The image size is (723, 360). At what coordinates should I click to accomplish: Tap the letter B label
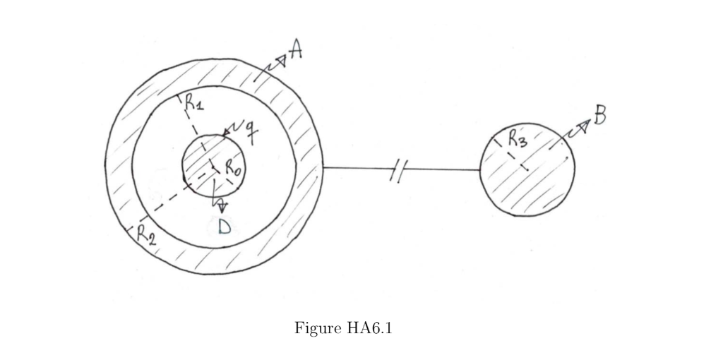click(599, 115)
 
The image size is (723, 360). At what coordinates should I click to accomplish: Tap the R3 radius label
click(518, 138)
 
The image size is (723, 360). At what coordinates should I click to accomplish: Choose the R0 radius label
click(233, 167)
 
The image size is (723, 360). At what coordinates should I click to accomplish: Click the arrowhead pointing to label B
click(584, 125)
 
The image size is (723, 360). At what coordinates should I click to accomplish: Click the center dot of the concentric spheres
click(214, 167)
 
